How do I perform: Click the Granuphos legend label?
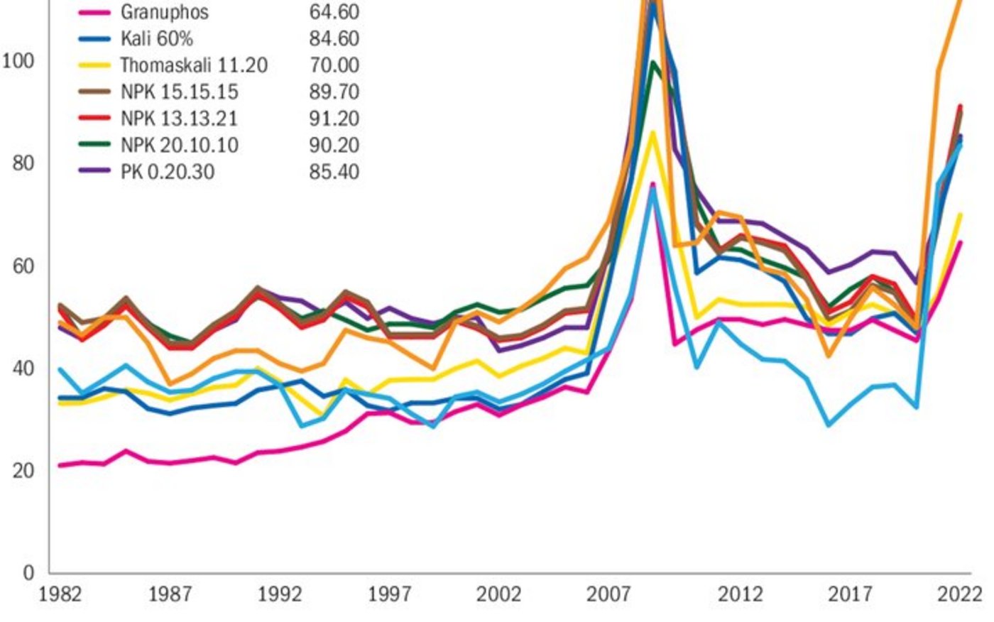point(164,12)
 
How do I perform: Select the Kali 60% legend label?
point(156,38)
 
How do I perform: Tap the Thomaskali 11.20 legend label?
point(194,65)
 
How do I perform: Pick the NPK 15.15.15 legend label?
point(179,92)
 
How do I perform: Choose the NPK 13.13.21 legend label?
point(179,119)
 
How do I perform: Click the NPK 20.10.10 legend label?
point(179,146)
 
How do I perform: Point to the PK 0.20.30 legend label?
point(168,172)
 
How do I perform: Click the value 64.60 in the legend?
point(334,12)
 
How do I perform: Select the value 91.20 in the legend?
point(334,119)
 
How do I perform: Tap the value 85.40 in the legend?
point(334,172)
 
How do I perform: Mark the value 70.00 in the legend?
point(334,65)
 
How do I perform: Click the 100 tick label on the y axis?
point(18,61)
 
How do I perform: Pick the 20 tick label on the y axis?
point(23,471)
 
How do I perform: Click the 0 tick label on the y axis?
point(28,572)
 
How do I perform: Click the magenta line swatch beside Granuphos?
point(94,13)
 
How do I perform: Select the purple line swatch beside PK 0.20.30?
point(94,171)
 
